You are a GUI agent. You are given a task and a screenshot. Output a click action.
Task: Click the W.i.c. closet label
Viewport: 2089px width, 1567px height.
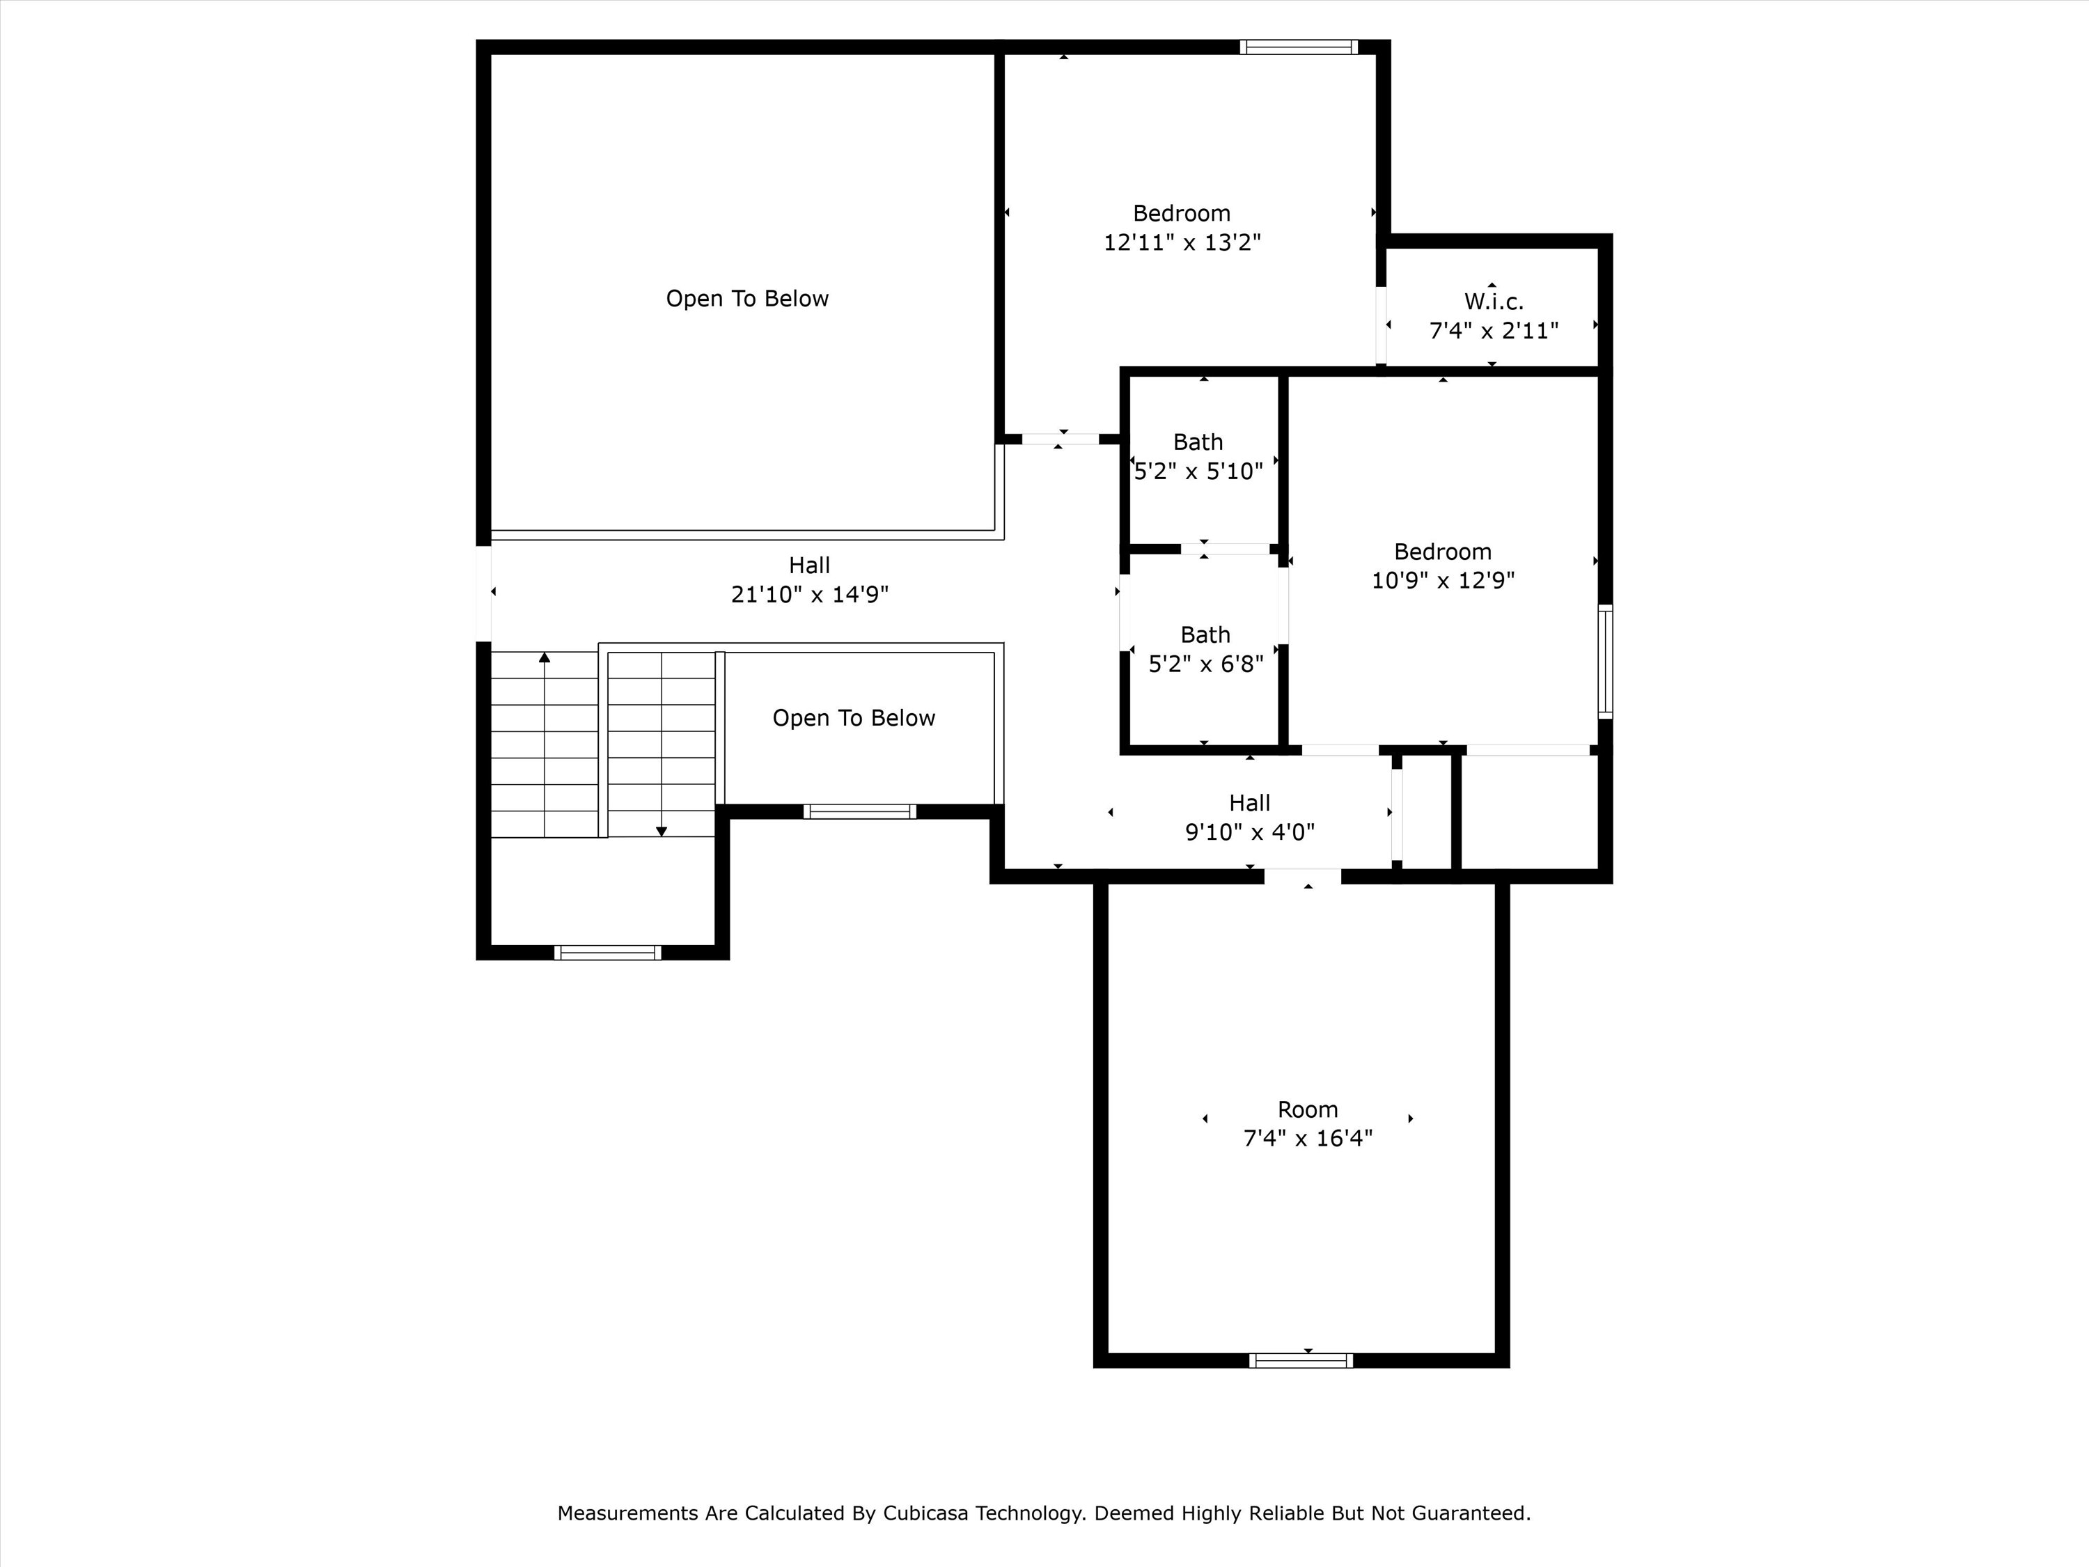1493,302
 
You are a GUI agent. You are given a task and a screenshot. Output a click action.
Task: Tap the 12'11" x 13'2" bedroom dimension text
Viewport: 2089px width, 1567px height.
1182,243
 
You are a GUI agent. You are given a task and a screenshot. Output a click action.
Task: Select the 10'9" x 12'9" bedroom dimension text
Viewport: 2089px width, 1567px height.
1442,580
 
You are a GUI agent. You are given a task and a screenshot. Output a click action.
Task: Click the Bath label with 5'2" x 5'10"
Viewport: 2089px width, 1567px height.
1198,442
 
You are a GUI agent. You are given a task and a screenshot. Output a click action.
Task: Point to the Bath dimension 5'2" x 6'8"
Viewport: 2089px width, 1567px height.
1205,664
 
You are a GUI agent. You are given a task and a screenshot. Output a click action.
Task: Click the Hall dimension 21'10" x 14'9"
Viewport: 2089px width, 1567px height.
809,594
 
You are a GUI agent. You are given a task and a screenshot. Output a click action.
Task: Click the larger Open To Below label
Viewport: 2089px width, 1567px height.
747,299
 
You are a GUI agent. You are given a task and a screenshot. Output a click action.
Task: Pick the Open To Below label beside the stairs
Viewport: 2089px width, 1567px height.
854,718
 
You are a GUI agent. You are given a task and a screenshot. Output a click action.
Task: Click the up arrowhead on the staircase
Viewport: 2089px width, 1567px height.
544,657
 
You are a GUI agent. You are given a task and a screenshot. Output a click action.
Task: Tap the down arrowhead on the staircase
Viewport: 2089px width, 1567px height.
661,831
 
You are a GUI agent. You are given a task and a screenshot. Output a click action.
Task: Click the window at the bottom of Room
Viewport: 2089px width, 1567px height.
1301,1360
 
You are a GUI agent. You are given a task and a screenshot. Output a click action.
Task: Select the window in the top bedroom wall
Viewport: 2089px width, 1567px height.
1299,47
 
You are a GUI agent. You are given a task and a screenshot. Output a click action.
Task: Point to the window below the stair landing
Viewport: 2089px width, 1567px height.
607,952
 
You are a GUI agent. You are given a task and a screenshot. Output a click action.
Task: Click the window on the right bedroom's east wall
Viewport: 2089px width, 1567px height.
1604,661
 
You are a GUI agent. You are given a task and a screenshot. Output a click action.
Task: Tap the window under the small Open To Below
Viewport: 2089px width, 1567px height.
859,811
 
